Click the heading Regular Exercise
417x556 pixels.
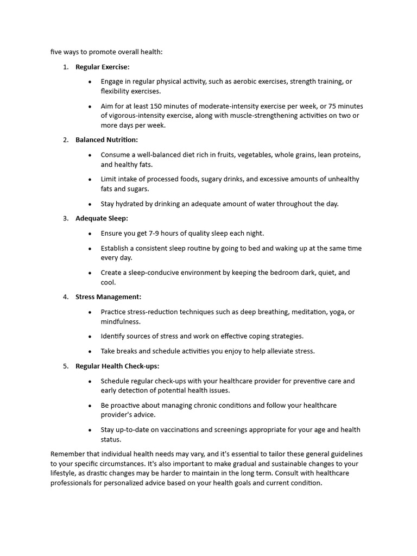coord(102,67)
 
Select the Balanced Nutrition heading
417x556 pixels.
coord(106,140)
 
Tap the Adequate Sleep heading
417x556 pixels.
coord(102,218)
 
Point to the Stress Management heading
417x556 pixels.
coord(108,297)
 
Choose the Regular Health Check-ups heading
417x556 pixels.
coord(117,366)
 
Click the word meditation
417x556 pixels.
coord(311,312)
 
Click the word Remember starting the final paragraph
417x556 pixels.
coord(67,454)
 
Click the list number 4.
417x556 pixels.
coord(65,297)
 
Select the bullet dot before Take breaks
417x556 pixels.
coord(90,351)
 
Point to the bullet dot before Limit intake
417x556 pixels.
coord(90,179)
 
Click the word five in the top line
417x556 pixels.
coord(56,52)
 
